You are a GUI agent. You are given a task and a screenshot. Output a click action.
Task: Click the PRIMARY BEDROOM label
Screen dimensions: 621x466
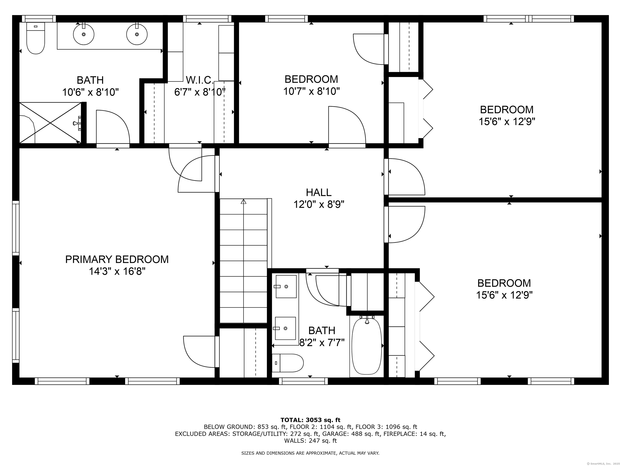(117, 259)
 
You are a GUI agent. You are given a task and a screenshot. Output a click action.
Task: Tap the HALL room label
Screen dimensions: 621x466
(319, 192)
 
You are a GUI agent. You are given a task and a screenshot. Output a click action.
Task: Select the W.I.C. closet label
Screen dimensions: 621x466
(200, 80)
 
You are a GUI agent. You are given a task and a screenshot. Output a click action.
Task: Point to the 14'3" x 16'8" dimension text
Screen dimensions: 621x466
(117, 271)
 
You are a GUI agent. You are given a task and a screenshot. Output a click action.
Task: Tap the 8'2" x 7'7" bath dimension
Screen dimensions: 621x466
(322, 343)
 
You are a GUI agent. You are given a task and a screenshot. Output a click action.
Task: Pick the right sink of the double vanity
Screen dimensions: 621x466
(137, 34)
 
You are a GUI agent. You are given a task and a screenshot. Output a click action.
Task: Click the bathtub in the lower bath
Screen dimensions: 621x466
(367, 346)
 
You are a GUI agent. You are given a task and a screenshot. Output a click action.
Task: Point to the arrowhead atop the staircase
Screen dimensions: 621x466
(243, 201)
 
